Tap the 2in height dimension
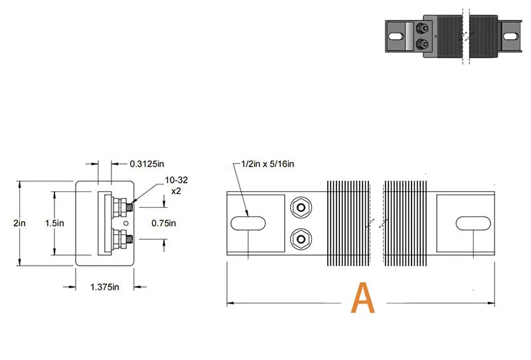click(20, 223)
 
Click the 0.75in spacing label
click(163, 223)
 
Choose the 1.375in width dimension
click(104, 287)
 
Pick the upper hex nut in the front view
click(301, 208)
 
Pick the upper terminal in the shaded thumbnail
click(422, 29)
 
